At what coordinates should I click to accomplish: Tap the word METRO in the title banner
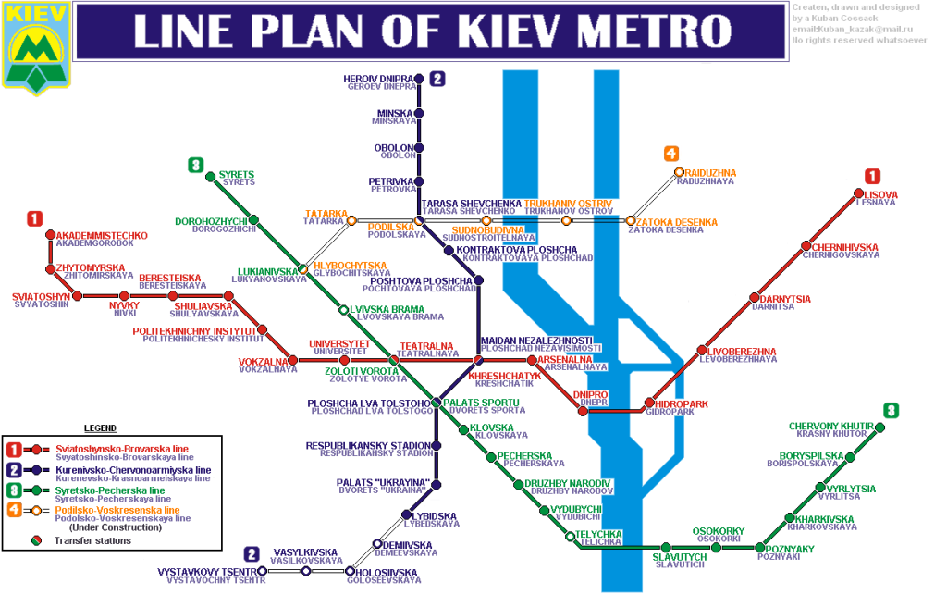[x=643, y=33]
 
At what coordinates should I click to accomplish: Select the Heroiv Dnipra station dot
[x=419, y=80]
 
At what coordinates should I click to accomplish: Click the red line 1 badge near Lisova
[x=872, y=176]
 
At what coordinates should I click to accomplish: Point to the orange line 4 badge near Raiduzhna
[x=670, y=155]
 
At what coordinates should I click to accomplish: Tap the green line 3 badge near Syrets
[x=195, y=166]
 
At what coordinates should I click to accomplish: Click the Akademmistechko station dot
[x=50, y=235]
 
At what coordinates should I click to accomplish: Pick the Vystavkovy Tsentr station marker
[x=263, y=571]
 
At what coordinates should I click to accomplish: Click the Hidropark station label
[x=681, y=404]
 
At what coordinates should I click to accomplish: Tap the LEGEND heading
[x=101, y=428]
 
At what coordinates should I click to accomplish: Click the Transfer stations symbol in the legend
[x=36, y=539]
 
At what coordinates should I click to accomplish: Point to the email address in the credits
[x=845, y=30]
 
